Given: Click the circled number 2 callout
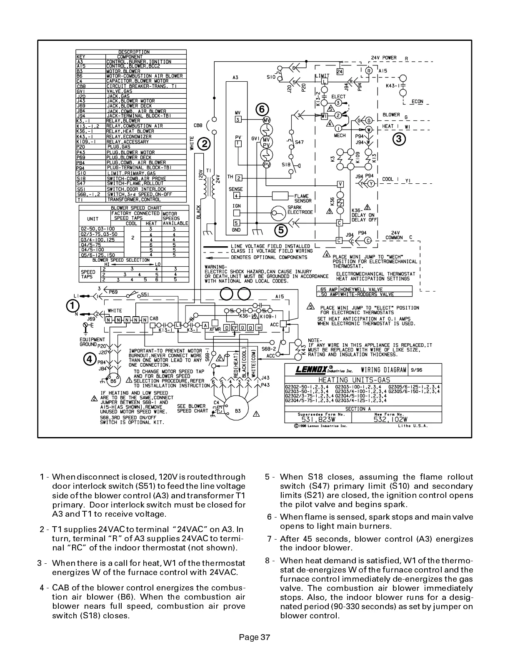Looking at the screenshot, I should coord(204,144).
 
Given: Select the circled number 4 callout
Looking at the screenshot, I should coord(89,358).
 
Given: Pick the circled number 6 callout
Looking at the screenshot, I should coord(261,109).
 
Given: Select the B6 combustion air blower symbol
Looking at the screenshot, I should coord(113,380).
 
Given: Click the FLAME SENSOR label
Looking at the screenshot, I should coord(303,198).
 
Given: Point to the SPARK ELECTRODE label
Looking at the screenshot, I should coord(300,210).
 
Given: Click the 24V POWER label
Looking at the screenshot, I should coord(384,57).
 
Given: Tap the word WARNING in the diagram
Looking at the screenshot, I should coord(215,267).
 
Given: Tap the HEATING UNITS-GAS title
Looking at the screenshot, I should coord(354,380).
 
